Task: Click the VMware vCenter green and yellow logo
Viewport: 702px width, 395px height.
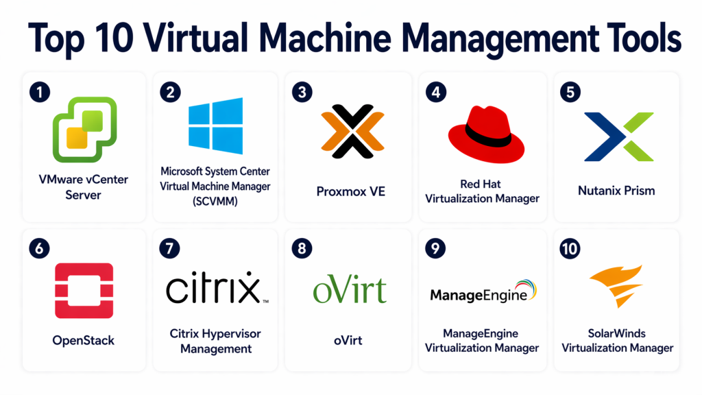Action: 84,128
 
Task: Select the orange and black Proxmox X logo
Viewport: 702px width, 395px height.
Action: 350,129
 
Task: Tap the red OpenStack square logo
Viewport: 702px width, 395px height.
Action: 84,291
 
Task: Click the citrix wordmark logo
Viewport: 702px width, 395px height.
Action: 215,290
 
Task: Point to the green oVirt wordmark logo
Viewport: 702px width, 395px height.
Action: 350,291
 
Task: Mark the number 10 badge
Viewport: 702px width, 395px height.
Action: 570,248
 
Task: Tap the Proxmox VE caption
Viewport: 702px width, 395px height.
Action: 350,191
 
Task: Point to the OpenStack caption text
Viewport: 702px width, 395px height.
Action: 84,340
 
